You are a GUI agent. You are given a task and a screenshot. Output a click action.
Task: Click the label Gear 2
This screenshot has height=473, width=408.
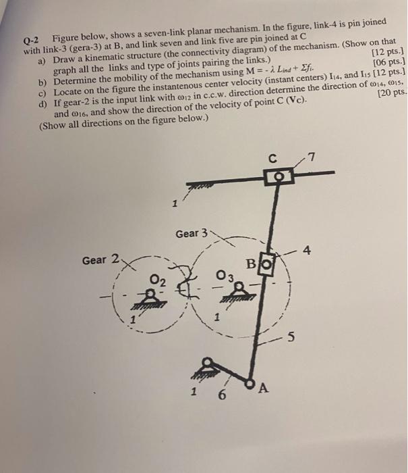[x=101, y=259]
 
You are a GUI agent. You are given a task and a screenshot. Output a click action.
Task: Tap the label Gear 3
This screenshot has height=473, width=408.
[x=192, y=233]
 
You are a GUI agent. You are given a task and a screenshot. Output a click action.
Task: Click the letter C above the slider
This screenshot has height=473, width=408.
[x=272, y=161]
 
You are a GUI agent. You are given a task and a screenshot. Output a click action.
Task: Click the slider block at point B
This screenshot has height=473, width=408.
[x=266, y=260]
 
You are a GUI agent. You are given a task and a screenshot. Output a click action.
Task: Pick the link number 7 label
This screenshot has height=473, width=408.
[x=312, y=159]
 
